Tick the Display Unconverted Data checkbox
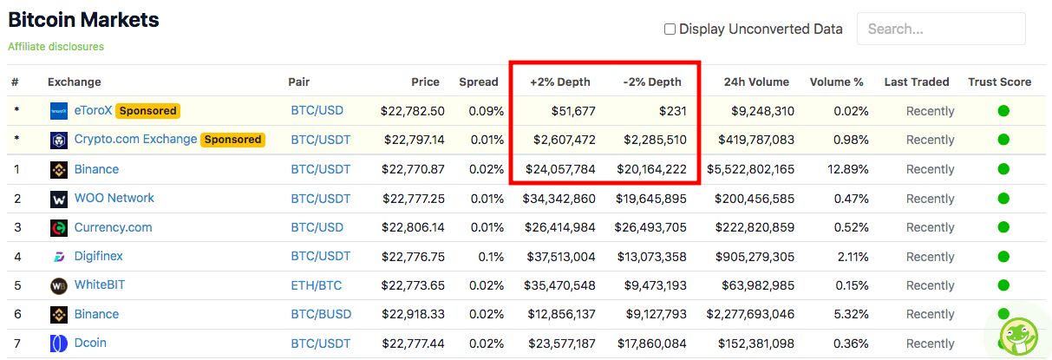point(670,29)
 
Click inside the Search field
point(941,29)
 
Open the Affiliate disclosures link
point(56,47)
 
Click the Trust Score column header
point(999,82)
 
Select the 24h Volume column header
point(756,82)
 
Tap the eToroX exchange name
point(93,110)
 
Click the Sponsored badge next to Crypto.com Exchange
point(232,140)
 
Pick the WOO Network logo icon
point(59,200)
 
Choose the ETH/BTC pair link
point(316,285)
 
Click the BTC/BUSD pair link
point(321,314)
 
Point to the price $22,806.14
point(413,227)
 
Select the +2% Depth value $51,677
point(573,111)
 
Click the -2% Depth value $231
point(672,111)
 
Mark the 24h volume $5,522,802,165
point(750,169)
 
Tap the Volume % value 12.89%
point(847,169)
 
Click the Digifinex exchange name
point(98,256)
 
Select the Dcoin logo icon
point(59,344)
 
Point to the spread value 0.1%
point(491,257)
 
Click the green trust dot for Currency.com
point(1003,227)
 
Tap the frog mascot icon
point(1019,337)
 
